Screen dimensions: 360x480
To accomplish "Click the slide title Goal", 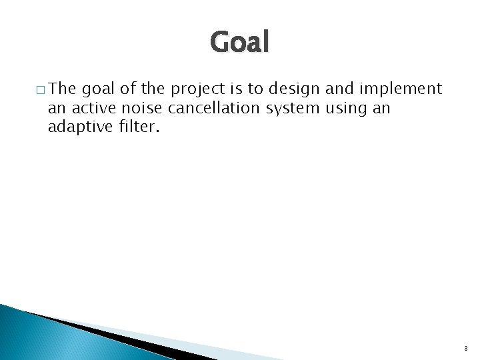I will (x=240, y=43).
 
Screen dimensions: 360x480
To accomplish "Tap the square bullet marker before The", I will (x=41, y=89).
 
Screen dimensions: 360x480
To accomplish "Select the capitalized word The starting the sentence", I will (x=64, y=88).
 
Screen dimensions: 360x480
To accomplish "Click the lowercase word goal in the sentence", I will (x=99, y=89).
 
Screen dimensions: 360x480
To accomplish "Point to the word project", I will (x=199, y=89).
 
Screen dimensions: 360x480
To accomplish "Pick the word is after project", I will (x=238, y=88).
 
